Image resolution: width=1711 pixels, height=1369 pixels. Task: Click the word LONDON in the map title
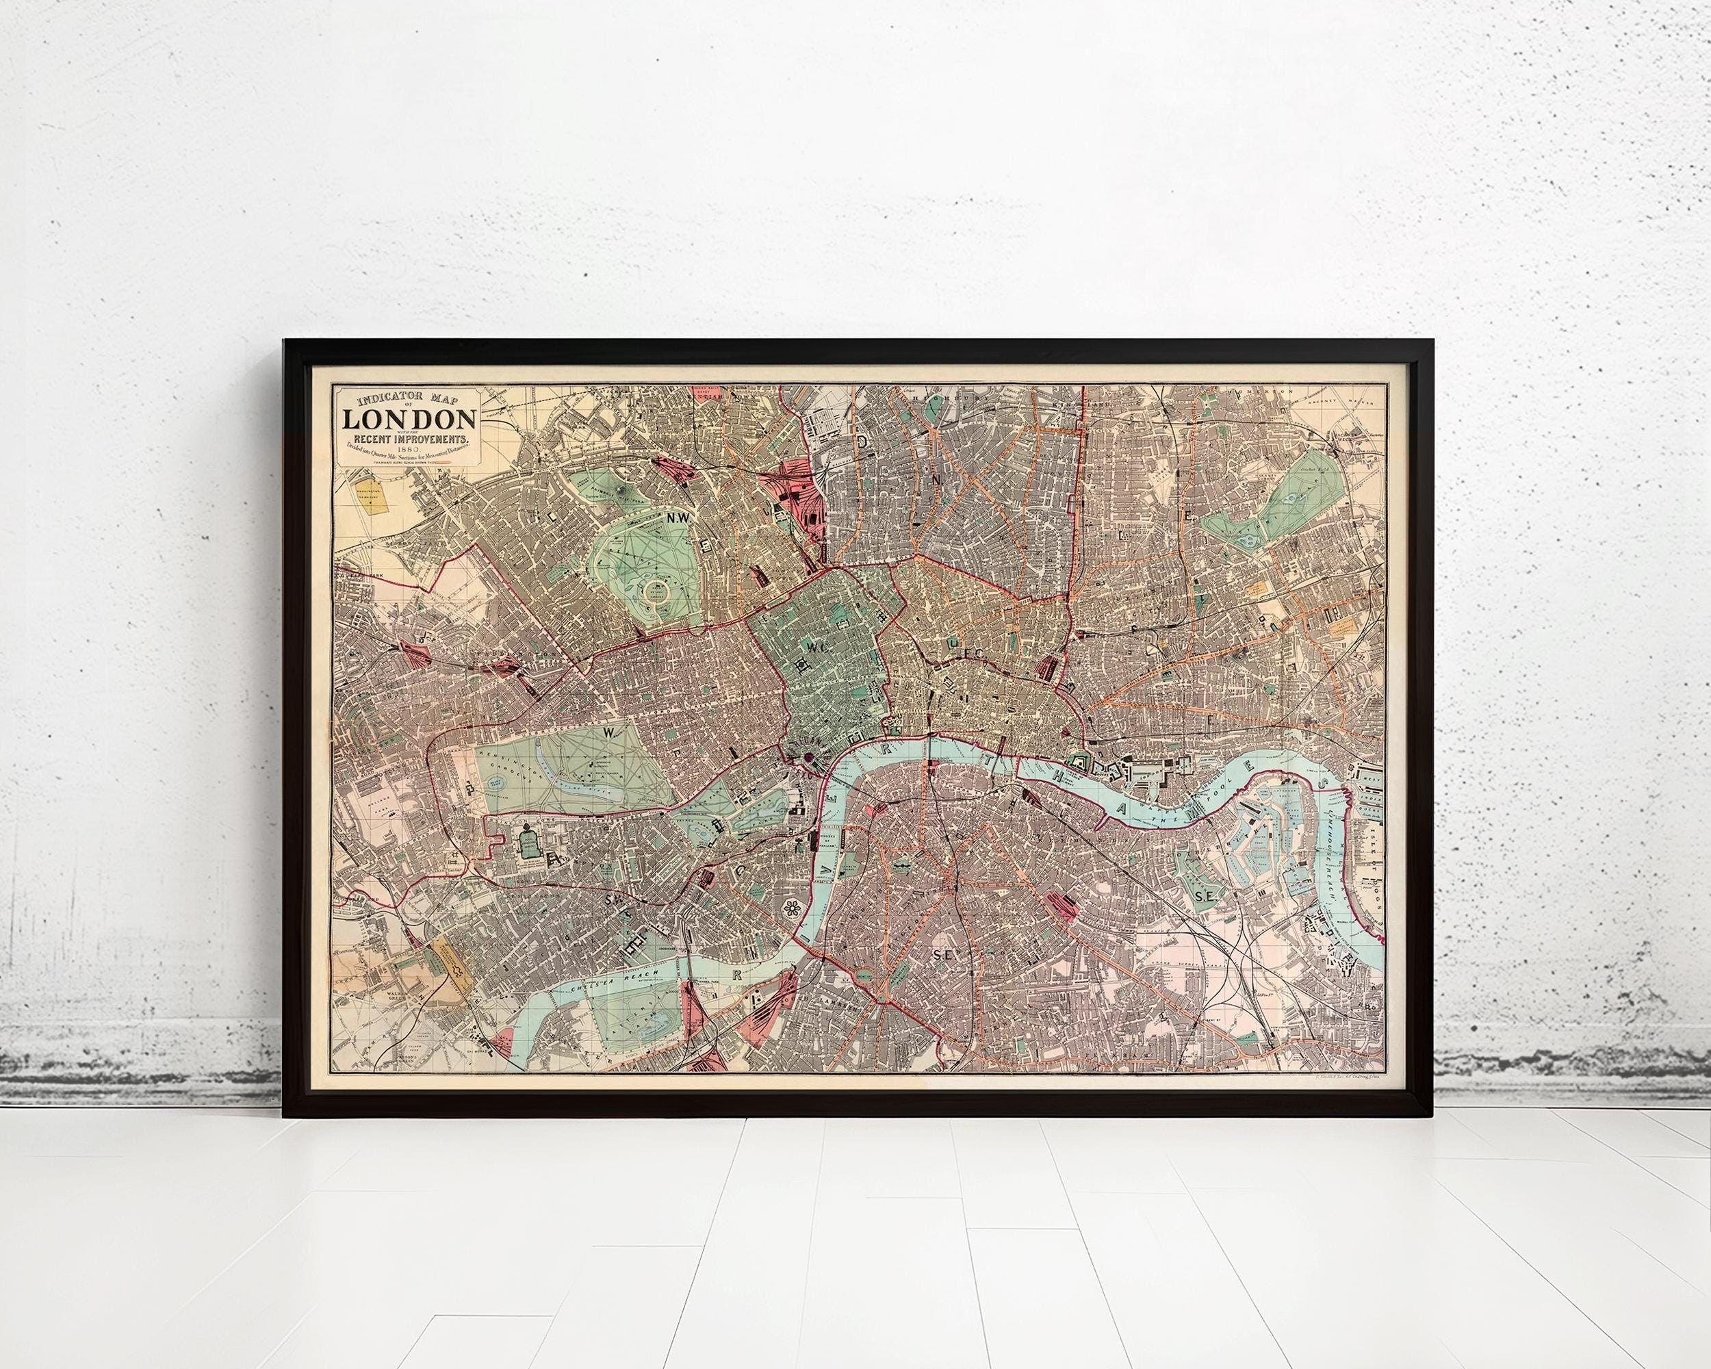[409, 420]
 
